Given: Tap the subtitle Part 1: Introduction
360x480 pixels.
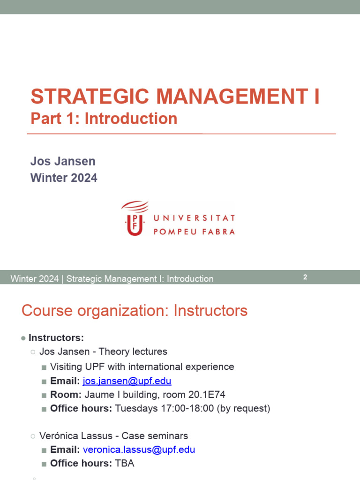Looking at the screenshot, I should [104, 119].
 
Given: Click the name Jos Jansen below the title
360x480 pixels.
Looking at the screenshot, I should [63, 161].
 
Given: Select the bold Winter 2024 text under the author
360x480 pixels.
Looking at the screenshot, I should [64, 178].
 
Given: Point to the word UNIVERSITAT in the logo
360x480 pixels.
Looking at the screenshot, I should [194, 218].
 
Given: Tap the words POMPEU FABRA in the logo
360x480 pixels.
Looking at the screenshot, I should [194, 231].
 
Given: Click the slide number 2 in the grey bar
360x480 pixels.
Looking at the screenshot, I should [305, 277].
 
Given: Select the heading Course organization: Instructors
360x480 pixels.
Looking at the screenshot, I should [135, 310].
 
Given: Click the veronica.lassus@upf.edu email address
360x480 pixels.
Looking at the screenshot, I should [139, 450].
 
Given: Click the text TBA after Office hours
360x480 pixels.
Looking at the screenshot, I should [125, 464].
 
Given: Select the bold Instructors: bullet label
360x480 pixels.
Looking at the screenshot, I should [56, 337].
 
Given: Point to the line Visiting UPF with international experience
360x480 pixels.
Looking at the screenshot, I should [142, 367].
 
